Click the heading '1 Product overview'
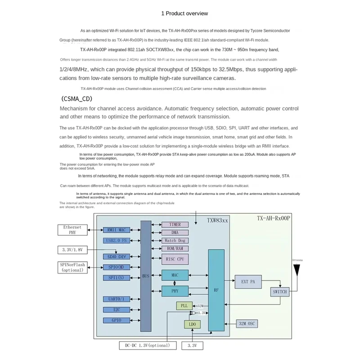pos(184,13)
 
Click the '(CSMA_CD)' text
pos(79,99)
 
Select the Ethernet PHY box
pos(72,230)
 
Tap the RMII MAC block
pos(116,230)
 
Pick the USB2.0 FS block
pos(116,240)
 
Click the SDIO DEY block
pos(116,256)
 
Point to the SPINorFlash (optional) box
pos(72,267)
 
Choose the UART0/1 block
pos(116,299)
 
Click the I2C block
pos(116,310)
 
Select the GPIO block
pos(116,320)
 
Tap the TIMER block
pos(175,225)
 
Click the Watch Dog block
pos(175,241)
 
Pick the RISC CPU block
pos(175,259)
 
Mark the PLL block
pos(184,306)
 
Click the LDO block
pos(192,324)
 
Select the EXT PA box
pos(248,282)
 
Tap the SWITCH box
pos(280,292)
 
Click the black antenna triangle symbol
pos(297,270)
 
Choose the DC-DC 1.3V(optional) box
pos(144,346)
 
